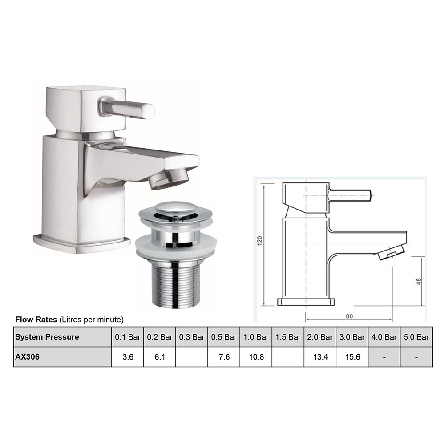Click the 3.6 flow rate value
127,357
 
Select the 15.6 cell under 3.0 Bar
352,357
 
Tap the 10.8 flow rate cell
256,357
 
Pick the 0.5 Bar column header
224,337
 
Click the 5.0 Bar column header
416,337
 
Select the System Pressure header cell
47,337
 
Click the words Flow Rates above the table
36,320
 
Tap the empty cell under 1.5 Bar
288,357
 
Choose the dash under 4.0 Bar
384,357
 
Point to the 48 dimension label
418,281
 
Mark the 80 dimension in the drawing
349,316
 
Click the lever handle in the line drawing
350,195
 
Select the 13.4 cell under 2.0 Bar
320,357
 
